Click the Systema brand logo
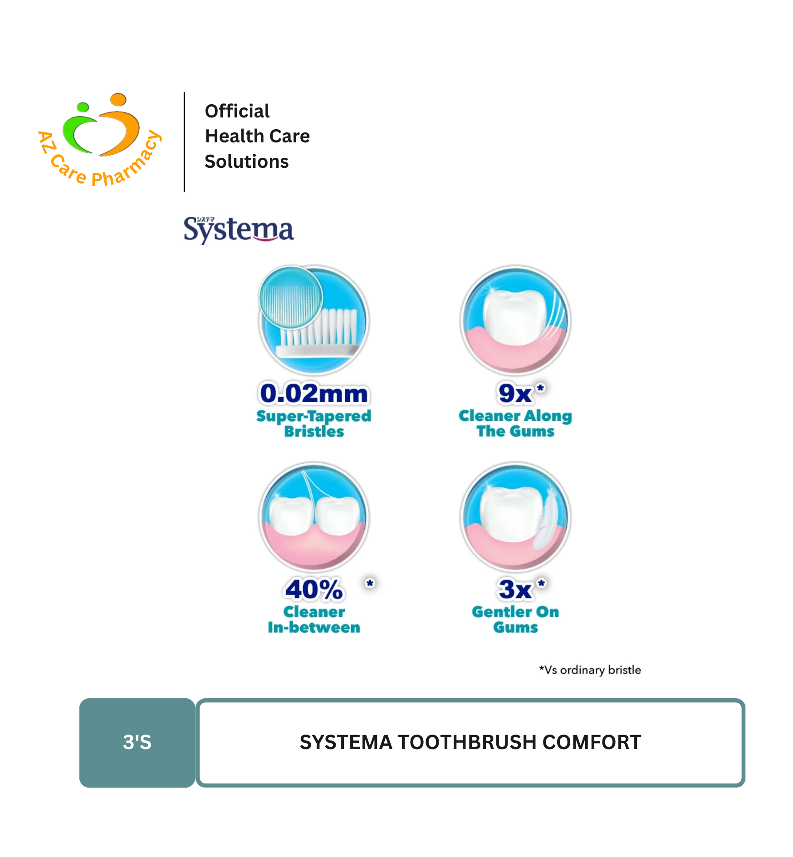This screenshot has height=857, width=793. [239, 230]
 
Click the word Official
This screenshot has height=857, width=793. [237, 111]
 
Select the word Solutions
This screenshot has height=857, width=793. [246, 161]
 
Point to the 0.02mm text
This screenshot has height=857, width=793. [314, 393]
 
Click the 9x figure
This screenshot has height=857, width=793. [515, 393]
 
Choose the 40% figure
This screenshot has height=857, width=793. [314, 589]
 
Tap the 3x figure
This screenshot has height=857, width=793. [515, 589]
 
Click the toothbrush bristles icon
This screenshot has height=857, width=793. [314, 320]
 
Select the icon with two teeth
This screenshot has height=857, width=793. [314, 517]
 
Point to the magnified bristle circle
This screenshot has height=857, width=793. [291, 297]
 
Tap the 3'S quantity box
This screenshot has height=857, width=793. [137, 743]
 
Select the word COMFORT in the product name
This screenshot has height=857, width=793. [592, 742]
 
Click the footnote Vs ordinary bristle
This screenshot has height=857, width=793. [590, 670]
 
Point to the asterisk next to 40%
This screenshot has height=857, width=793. [370, 583]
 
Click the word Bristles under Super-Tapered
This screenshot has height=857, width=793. [314, 431]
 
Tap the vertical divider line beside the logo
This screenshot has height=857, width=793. [184, 142]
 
